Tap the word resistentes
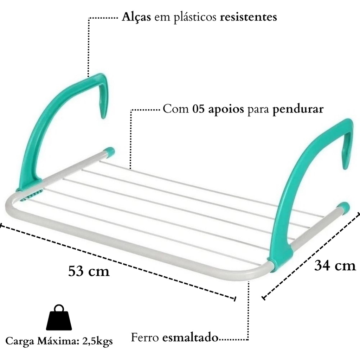click(249, 17)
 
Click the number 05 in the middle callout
click(198, 109)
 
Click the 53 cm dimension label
click(89, 271)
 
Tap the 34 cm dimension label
click(335, 266)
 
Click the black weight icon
click(59, 317)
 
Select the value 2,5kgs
click(97, 341)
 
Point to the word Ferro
click(145, 337)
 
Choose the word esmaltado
click(190, 337)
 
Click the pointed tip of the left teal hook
click(103, 117)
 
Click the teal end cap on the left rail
click(110, 152)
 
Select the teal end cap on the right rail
click(344, 207)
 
